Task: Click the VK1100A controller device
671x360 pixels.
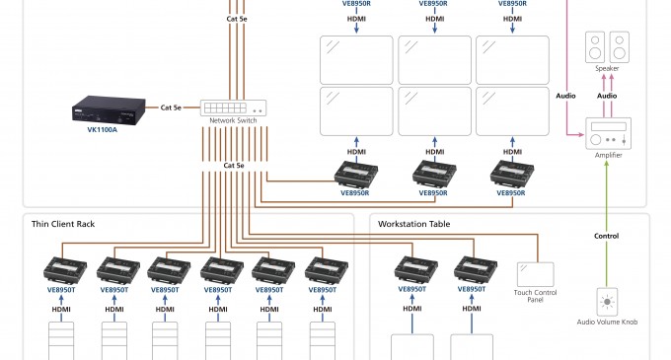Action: pos(102,107)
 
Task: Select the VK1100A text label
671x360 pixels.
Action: pos(103,129)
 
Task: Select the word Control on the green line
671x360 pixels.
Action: pos(607,236)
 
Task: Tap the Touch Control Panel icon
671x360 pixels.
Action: pos(536,273)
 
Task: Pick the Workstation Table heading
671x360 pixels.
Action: pos(413,224)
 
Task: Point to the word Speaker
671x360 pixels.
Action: pos(608,68)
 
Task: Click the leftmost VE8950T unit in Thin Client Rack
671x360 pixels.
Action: pos(62,269)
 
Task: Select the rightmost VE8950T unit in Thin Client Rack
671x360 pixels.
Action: pos(326,269)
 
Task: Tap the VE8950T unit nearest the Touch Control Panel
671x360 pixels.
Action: pos(474,269)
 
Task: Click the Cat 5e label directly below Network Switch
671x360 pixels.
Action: pos(236,165)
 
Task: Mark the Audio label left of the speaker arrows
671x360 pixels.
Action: pos(565,96)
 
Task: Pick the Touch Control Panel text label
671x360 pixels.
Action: pos(536,296)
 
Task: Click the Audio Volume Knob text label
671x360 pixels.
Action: pos(608,322)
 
